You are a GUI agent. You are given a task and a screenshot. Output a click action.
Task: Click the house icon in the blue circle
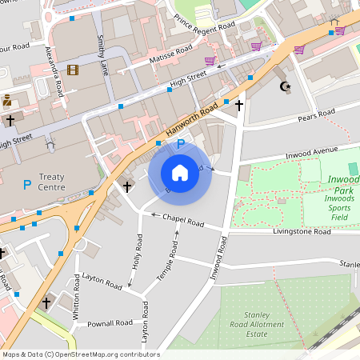[180, 172]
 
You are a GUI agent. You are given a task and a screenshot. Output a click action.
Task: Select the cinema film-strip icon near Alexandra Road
[74, 70]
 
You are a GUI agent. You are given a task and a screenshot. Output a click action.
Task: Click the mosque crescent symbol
[284, 86]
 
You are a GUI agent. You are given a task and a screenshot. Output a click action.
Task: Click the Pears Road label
[317, 115]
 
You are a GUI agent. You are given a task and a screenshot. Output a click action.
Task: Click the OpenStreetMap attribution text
[80, 354]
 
